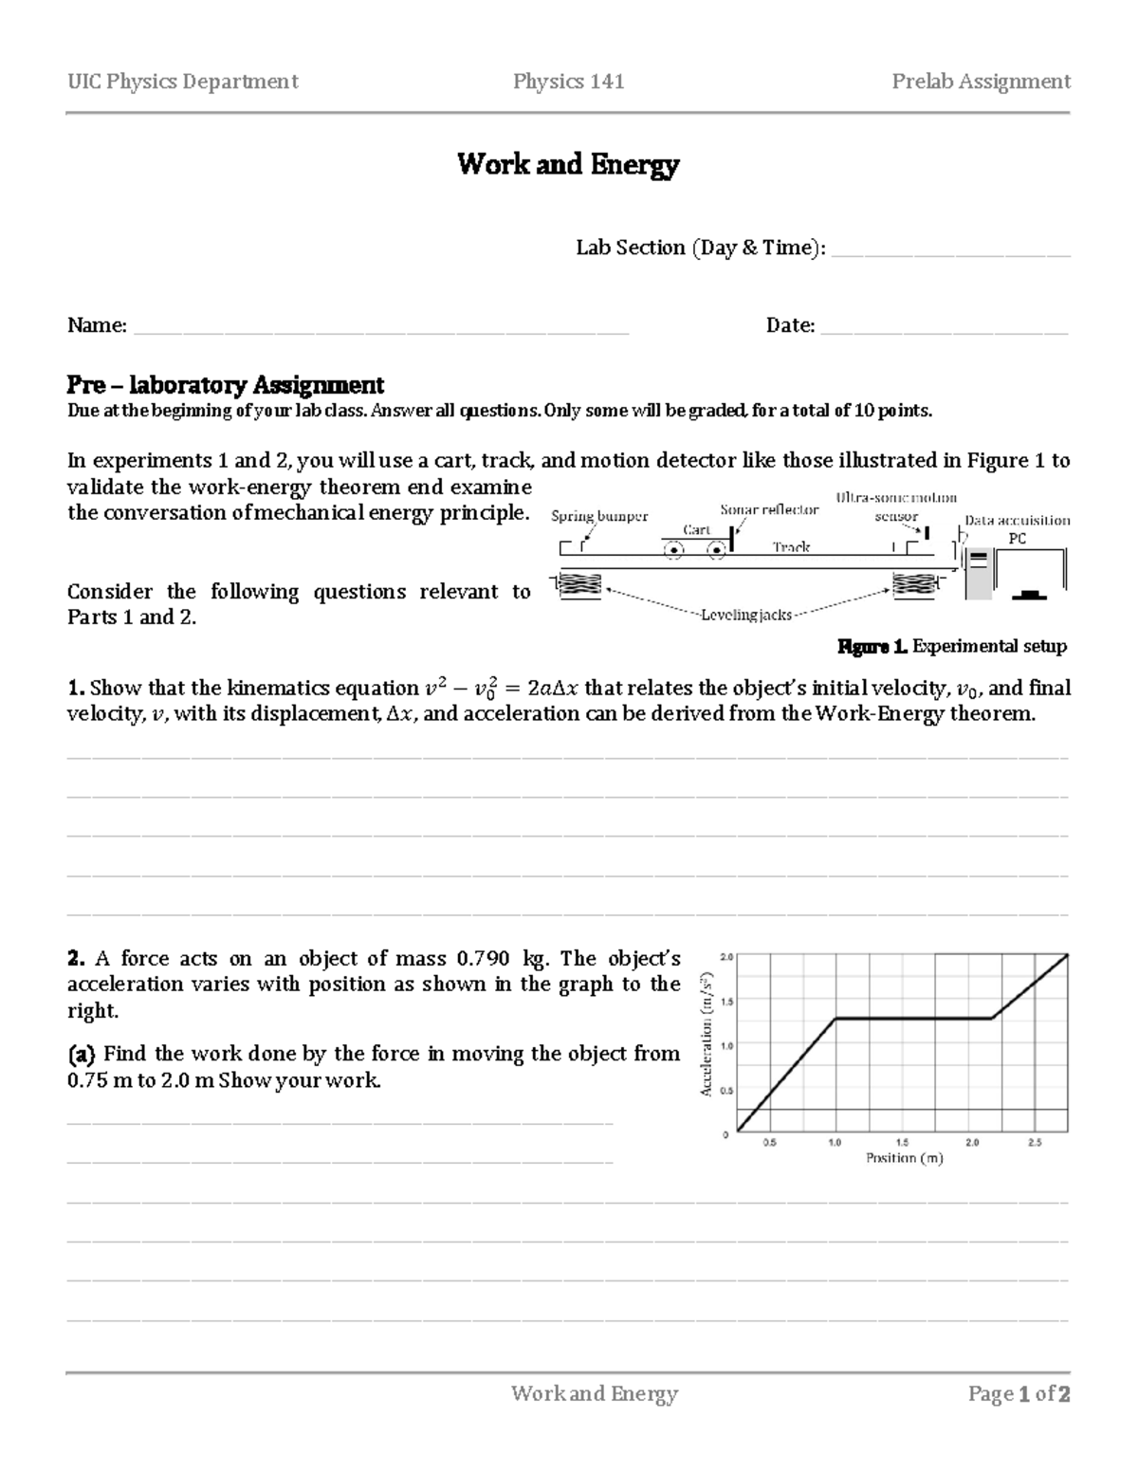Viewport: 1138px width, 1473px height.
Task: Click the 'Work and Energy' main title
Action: (x=568, y=165)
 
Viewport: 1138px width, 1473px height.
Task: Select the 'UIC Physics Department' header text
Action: (x=182, y=82)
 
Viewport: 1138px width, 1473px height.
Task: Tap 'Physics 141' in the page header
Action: (x=568, y=82)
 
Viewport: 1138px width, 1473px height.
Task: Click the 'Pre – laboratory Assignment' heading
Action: (x=225, y=385)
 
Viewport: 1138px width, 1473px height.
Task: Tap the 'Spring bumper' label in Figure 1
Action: (x=599, y=516)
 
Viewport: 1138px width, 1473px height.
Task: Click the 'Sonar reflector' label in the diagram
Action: (x=769, y=509)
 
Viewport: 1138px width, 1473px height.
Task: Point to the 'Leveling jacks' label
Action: (x=745, y=616)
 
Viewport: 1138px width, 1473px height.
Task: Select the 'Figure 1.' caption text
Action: (x=872, y=647)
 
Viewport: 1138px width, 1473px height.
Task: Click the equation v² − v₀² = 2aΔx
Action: (x=499, y=690)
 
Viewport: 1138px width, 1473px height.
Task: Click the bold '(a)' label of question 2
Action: (x=82, y=1054)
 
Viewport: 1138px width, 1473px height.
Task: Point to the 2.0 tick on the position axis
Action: (x=972, y=1143)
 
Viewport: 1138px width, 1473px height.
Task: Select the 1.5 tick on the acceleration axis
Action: (x=726, y=1001)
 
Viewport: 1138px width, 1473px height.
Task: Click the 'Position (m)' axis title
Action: (x=904, y=1158)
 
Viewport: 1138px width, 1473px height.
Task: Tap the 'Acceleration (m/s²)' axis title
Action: (x=707, y=1035)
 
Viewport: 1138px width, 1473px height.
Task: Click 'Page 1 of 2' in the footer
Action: (x=1019, y=1393)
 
